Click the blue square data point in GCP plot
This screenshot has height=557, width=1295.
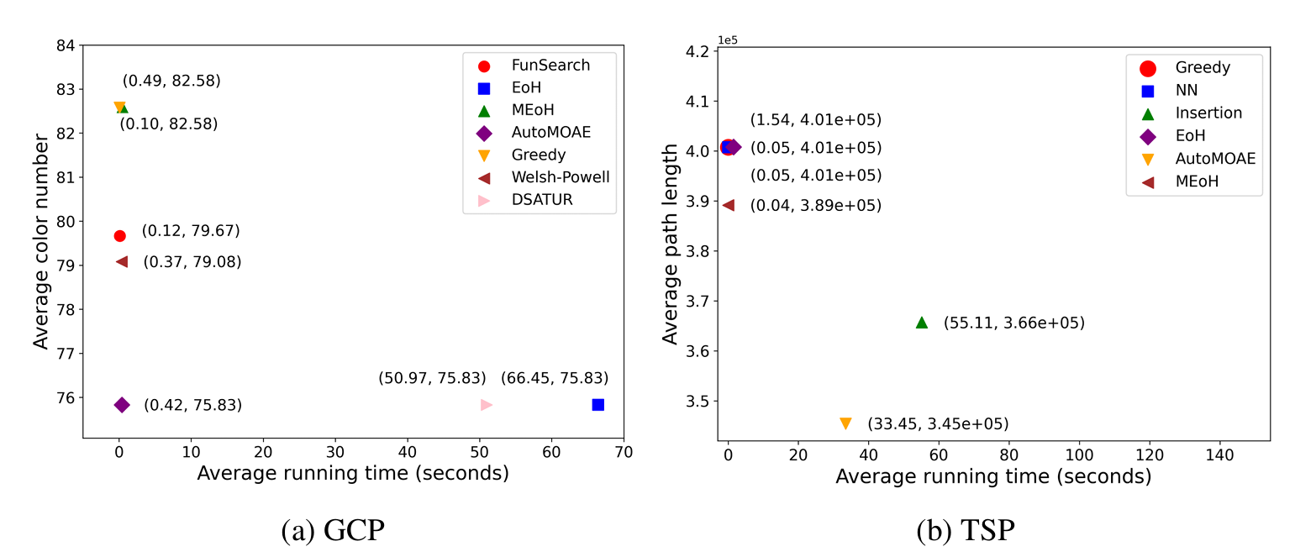pos(597,404)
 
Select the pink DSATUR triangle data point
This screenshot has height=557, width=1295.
pos(486,404)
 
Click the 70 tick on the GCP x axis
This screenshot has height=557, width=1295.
pos(624,452)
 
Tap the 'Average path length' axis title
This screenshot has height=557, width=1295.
pos(670,244)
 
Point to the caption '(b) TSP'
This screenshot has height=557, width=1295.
pos(966,531)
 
